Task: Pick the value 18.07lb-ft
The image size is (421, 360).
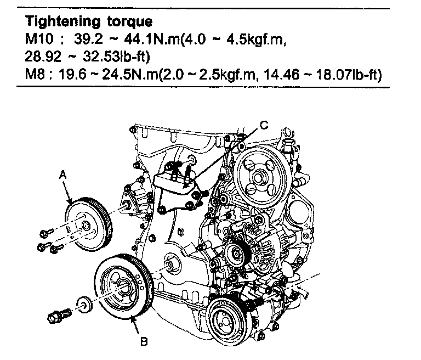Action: point(362,74)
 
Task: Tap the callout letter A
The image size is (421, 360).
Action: point(62,175)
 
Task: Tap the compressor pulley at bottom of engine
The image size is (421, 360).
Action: point(225,320)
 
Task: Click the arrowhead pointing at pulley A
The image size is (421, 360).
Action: point(70,202)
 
